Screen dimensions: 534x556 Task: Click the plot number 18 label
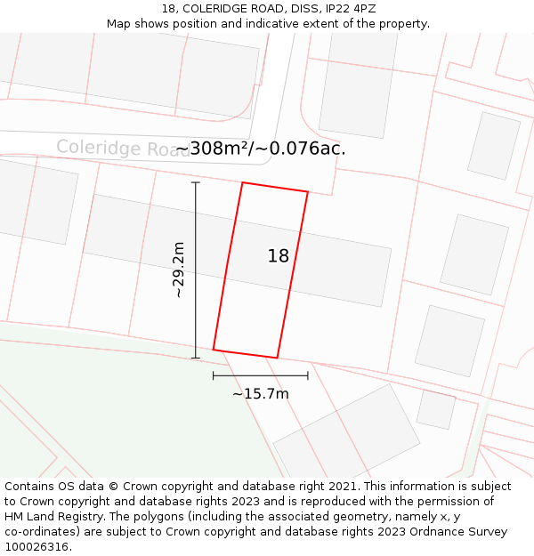coord(279,256)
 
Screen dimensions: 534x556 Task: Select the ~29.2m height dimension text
coord(178,270)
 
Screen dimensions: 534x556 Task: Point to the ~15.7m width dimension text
coord(261,393)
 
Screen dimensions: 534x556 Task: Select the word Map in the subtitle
coord(120,24)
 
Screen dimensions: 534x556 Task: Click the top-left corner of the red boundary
coord(242,183)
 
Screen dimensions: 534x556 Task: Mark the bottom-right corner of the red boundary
coord(277,358)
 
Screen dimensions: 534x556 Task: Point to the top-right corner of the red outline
coord(308,192)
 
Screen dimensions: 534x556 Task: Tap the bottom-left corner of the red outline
coord(214,349)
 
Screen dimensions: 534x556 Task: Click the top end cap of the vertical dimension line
coord(196,182)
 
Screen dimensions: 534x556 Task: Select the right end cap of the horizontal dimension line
coord(308,375)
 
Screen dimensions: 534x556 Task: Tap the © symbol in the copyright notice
coord(113,487)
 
